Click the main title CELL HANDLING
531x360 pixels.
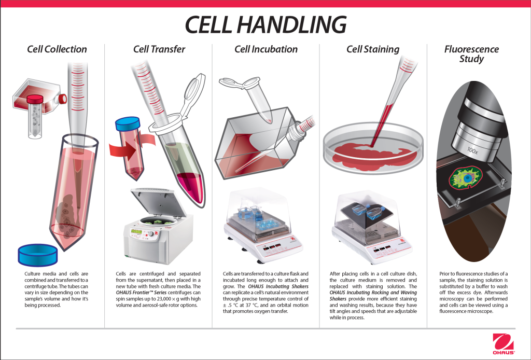265,24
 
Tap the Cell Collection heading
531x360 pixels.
57,49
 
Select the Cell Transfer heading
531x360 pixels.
159,49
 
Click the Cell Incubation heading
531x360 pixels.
266,49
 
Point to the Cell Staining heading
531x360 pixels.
373,49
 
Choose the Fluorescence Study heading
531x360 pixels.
471,54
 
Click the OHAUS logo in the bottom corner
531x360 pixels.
503,344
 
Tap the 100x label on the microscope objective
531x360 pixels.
472,150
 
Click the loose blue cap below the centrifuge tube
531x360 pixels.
37,255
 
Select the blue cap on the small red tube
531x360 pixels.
128,124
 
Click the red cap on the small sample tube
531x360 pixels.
35,99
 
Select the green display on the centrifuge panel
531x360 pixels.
136,231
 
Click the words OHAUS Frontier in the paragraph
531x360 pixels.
134,293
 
